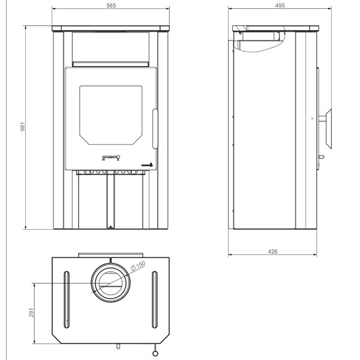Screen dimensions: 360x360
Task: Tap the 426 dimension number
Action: (x=273, y=251)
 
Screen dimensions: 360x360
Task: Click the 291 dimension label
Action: (x=32, y=313)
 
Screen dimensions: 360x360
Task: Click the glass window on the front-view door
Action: (x=110, y=115)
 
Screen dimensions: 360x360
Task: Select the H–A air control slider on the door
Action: (x=110, y=158)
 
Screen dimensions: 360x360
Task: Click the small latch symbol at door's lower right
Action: (x=148, y=164)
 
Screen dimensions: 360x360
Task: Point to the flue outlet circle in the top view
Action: (x=110, y=282)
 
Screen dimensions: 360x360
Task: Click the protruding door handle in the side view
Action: (x=328, y=129)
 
